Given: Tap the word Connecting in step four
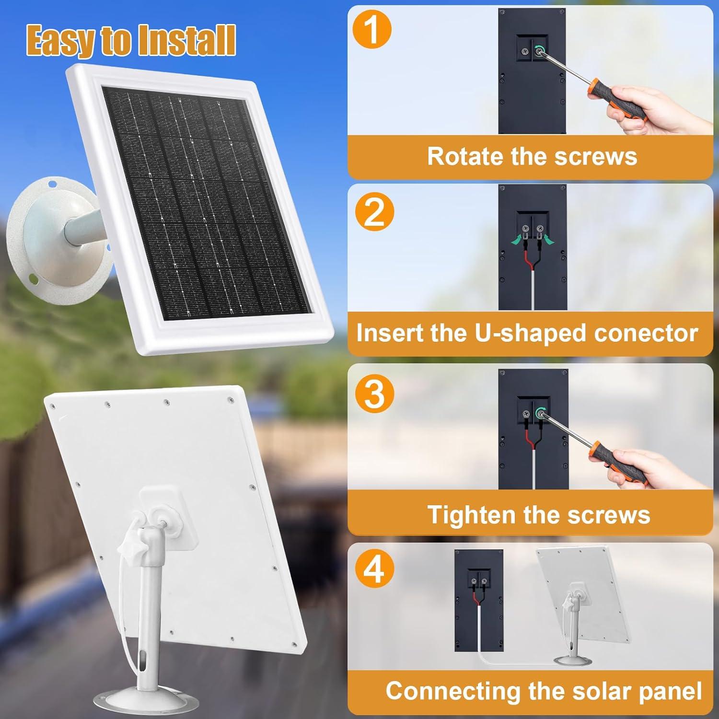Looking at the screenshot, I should [453, 691].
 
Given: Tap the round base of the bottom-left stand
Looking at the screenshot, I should [144, 703].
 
